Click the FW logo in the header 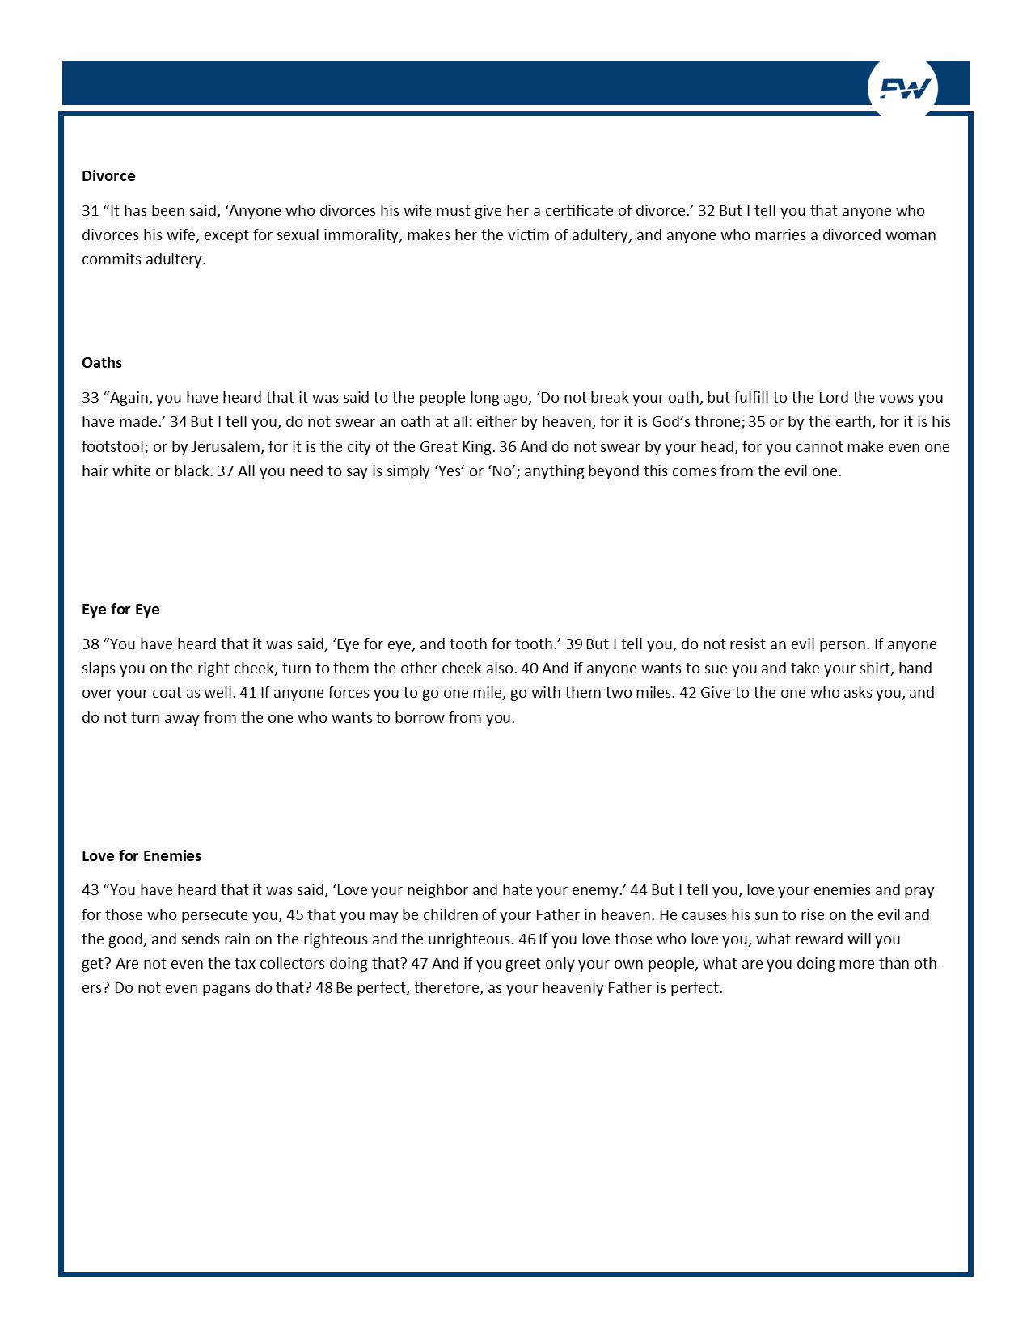pos(903,88)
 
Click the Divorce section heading pos(108,176)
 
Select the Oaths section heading pos(102,363)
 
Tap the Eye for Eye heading pos(120,610)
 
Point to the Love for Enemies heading pos(142,856)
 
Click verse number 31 pos(91,211)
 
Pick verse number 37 pos(226,471)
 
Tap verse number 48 pos(324,988)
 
